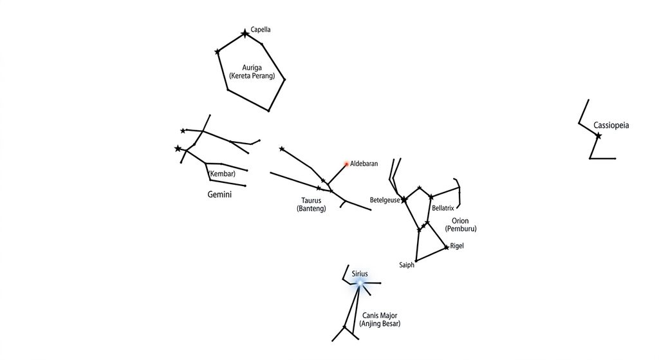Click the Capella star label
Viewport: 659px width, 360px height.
[x=261, y=30]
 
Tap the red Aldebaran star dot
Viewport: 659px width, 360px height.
[x=347, y=164]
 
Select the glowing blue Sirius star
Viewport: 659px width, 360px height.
[x=359, y=283]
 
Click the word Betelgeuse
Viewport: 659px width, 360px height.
[x=385, y=200]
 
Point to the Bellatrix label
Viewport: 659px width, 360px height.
[x=443, y=208]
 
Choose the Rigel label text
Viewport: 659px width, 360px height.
[x=457, y=245]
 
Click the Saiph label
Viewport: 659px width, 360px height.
[x=407, y=265]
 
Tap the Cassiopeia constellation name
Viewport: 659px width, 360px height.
[x=611, y=125]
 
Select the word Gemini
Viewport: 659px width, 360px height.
[x=219, y=194]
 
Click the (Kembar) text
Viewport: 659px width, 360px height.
[x=222, y=173]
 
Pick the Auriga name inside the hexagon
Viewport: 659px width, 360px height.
[x=252, y=67]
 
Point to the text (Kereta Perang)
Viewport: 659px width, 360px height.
[x=252, y=76]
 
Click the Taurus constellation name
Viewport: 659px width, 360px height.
[x=311, y=200]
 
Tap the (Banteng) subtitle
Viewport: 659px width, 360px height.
[x=311, y=208]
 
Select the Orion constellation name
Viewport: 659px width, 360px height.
[x=460, y=220]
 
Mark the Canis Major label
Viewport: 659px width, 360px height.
[x=380, y=316]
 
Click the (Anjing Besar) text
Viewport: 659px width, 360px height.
[x=380, y=323]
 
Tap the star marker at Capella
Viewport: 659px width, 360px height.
[x=245, y=33]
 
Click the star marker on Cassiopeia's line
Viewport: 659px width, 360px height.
[x=598, y=136]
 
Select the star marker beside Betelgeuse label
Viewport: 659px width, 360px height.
[x=404, y=200]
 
